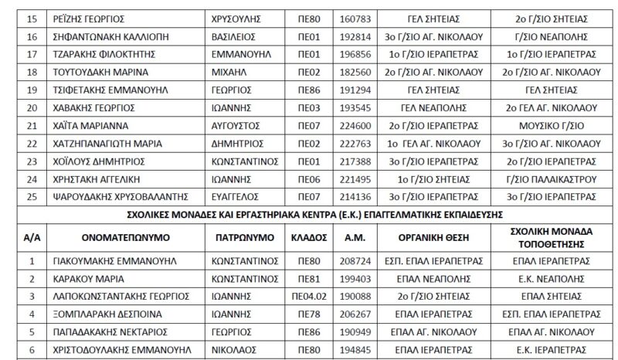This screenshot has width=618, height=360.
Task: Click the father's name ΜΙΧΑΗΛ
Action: [x=229, y=71]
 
